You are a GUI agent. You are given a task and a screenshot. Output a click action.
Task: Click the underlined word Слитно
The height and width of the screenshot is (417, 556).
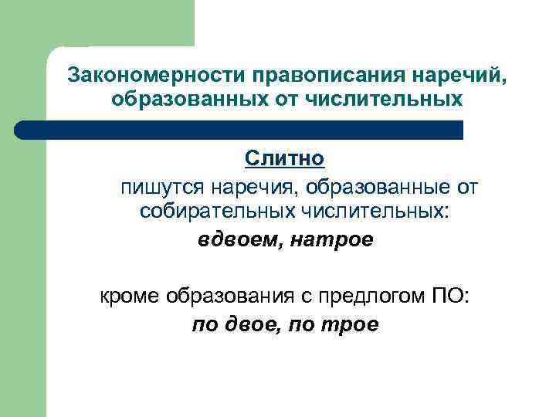click(x=285, y=159)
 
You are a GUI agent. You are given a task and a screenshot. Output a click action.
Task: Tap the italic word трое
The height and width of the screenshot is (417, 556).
click(x=351, y=324)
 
